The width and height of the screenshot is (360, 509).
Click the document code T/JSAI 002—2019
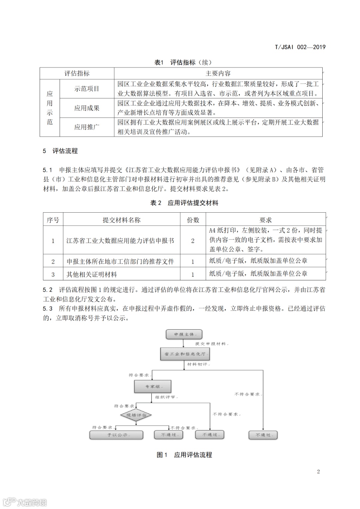tap(300, 47)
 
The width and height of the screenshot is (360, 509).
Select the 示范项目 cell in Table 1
tap(87, 89)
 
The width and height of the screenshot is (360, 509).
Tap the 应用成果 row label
tap(87, 108)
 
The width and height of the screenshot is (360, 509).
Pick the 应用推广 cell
tap(87, 127)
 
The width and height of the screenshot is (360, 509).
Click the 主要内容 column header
tap(218, 73)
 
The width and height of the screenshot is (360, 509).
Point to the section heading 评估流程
tap(65, 151)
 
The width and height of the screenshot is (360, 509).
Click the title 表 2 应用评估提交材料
tap(184, 203)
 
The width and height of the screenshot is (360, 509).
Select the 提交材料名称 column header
tap(121, 220)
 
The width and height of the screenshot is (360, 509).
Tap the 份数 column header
tap(193, 220)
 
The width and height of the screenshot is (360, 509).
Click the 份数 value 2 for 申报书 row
tap(193, 241)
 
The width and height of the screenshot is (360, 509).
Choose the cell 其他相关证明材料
tap(92, 274)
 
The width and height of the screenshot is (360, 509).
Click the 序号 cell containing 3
tap(53, 274)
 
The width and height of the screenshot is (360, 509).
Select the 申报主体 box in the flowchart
tap(184, 334)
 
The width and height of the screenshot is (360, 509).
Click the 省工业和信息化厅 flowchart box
tap(185, 354)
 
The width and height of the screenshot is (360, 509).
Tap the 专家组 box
tap(153, 386)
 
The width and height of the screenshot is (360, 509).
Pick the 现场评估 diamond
tap(136, 415)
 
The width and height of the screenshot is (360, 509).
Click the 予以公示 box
tap(116, 435)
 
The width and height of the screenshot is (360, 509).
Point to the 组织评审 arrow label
tap(166, 397)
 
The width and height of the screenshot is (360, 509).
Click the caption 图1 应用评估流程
tap(184, 455)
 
